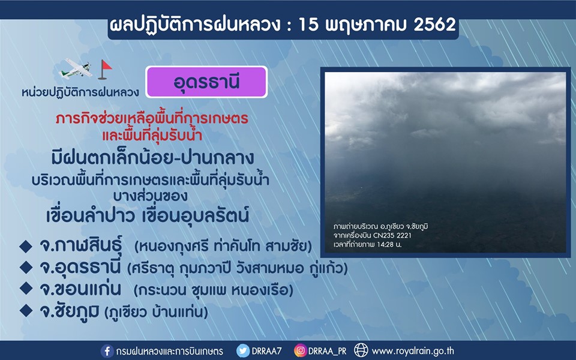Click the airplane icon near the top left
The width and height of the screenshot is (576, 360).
point(76,68)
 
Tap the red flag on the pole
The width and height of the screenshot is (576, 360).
point(107,66)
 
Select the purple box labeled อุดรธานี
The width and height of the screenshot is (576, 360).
point(206,82)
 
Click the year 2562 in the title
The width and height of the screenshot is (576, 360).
point(434,25)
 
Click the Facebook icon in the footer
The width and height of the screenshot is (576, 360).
point(107,351)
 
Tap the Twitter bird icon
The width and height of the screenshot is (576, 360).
point(243,351)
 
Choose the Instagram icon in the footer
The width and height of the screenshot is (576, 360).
point(300,351)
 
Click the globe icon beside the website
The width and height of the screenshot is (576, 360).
point(361,350)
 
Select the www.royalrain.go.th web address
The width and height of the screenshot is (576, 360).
point(413,351)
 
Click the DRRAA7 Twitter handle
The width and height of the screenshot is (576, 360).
point(266,351)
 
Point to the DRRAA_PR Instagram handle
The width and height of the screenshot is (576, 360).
point(328,352)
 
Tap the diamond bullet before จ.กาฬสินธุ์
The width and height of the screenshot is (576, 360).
point(26,246)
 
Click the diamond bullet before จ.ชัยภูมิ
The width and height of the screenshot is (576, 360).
point(26,311)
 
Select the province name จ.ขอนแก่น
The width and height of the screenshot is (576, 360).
point(80,289)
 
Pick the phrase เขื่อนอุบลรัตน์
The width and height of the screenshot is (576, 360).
point(195,215)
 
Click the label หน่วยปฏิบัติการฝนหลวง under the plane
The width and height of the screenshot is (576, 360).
point(80,92)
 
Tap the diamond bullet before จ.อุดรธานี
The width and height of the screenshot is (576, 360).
point(26,268)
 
